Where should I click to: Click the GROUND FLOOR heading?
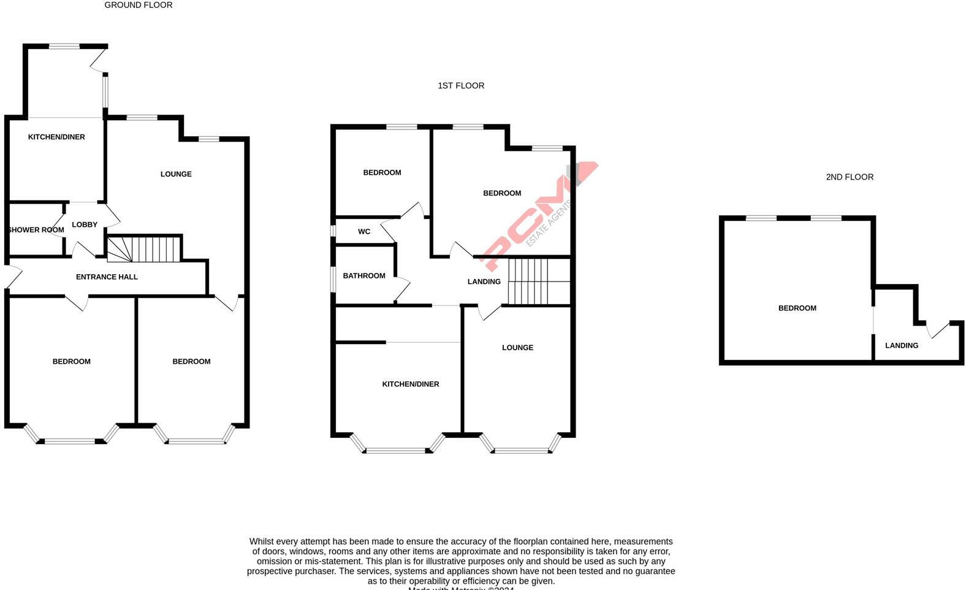click(x=138, y=5)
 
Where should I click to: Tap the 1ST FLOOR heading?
click(x=461, y=86)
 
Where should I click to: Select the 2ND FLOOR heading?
click(x=850, y=177)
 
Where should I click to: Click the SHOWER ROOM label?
click(x=36, y=230)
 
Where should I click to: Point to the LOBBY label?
click(x=85, y=224)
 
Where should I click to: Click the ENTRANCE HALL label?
click(x=107, y=277)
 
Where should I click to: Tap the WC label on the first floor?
click(x=364, y=232)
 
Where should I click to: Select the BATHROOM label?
click(x=364, y=276)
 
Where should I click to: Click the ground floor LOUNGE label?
click(x=176, y=174)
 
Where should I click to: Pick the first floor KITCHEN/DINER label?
click(x=411, y=385)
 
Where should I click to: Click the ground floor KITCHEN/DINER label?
click(x=56, y=137)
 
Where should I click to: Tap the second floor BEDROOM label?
click(x=797, y=308)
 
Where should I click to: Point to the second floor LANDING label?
click(x=902, y=346)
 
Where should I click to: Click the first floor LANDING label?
click(x=484, y=282)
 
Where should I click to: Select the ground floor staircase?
click(x=145, y=249)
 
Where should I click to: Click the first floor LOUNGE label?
click(x=517, y=348)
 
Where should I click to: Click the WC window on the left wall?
click(x=333, y=231)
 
